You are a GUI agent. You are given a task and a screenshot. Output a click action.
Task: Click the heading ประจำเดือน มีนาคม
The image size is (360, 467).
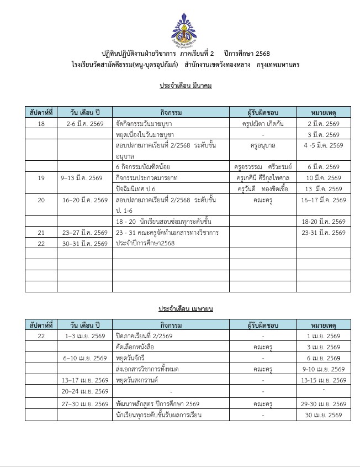[186, 86]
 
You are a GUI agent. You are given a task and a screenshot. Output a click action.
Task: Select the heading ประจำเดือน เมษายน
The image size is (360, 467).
[186, 308]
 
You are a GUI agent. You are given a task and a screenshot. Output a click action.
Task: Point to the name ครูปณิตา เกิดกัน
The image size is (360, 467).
[263, 123]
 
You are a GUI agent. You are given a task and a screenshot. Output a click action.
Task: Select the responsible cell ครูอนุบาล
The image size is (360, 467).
[263, 145]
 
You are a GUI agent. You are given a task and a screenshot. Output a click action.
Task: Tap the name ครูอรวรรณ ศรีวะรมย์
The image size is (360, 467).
[263, 166]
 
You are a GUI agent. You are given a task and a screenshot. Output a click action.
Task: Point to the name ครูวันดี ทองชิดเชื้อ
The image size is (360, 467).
[263, 188]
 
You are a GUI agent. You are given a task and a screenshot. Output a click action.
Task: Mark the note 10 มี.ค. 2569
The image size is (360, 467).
[324, 177]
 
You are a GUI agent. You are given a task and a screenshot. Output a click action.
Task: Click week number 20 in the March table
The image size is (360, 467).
[41, 200]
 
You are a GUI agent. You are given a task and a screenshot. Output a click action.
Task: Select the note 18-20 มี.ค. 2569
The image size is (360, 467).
[324, 221]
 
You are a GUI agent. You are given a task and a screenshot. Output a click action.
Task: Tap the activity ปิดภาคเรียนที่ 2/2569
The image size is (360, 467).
[144, 336]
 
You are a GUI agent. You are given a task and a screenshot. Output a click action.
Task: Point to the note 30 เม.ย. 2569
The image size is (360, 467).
[324, 415]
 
